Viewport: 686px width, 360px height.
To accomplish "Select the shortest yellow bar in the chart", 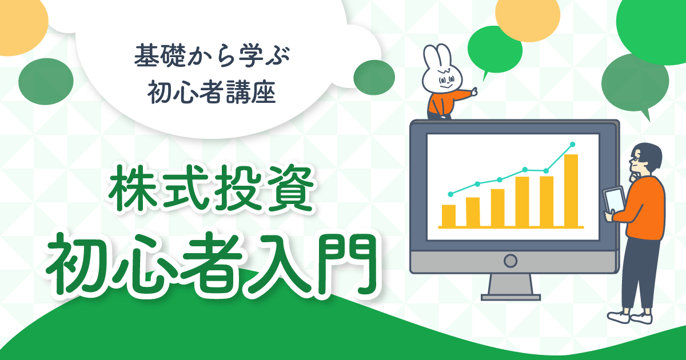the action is tap(449, 216).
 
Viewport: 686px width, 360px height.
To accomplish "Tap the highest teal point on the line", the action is tap(572, 145).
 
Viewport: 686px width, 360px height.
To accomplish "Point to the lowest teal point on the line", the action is tap(450, 194).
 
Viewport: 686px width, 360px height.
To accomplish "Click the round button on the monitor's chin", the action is tap(510, 261).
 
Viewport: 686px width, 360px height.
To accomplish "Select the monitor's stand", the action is tap(510, 287).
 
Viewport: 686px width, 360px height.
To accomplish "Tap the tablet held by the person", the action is tap(614, 200).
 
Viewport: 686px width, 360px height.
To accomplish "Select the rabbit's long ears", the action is tap(437, 57).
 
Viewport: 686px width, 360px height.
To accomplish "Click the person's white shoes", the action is tap(629, 318).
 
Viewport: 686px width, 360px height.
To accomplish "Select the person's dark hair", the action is tap(646, 155).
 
